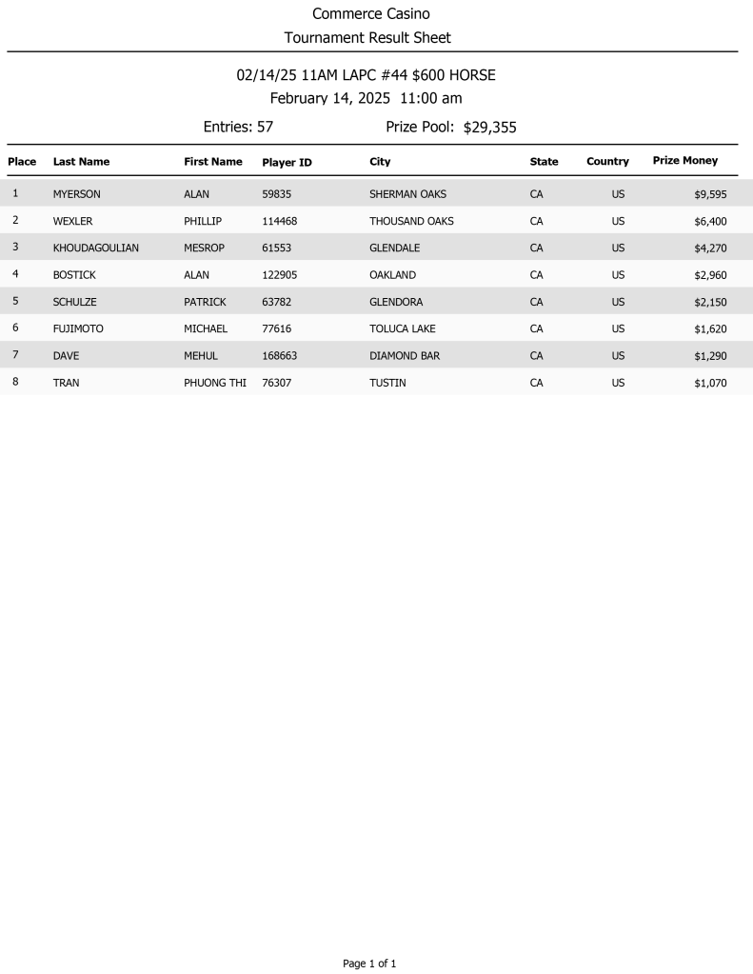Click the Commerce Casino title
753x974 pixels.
point(371,14)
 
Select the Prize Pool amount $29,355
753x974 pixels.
point(489,128)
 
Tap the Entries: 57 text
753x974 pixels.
point(238,127)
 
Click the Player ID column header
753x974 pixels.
point(287,163)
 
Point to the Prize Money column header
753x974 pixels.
point(684,161)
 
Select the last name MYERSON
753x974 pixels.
point(76,194)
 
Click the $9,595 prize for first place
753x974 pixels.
point(710,194)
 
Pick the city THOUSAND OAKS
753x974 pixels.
point(411,221)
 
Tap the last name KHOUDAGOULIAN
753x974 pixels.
point(96,248)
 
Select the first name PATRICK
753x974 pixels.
point(205,302)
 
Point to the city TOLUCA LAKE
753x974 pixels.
point(402,328)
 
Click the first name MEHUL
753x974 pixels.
point(201,355)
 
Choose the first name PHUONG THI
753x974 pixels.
point(214,383)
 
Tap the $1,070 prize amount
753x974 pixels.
point(710,383)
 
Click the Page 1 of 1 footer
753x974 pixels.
point(369,964)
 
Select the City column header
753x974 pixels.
point(380,162)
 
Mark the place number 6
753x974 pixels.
point(15,328)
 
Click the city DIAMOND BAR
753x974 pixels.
point(405,355)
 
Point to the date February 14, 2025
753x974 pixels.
point(329,98)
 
